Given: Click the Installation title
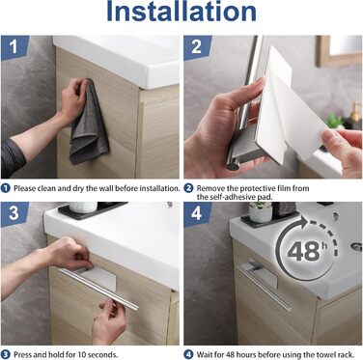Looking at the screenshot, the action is click(x=181, y=12).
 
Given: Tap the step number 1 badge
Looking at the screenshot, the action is click(x=14, y=47).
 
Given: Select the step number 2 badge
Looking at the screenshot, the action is click(x=197, y=47).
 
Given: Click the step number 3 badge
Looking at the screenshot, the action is click(x=14, y=214).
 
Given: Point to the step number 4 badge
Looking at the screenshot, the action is click(x=197, y=214).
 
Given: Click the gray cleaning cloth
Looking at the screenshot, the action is click(x=89, y=123).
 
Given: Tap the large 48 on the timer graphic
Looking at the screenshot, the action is click(x=302, y=251).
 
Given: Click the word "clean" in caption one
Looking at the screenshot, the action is click(x=46, y=188).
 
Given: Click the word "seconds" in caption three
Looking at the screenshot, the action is click(x=104, y=355).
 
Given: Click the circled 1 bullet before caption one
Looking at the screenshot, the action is click(x=6, y=188).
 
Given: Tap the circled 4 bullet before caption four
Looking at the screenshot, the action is click(x=188, y=355).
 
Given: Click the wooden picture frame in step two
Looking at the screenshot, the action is click(x=339, y=51).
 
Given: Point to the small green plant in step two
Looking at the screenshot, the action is click(x=335, y=122).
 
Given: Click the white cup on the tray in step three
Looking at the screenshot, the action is click(x=83, y=208).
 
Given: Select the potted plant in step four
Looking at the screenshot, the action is click(x=260, y=211).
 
